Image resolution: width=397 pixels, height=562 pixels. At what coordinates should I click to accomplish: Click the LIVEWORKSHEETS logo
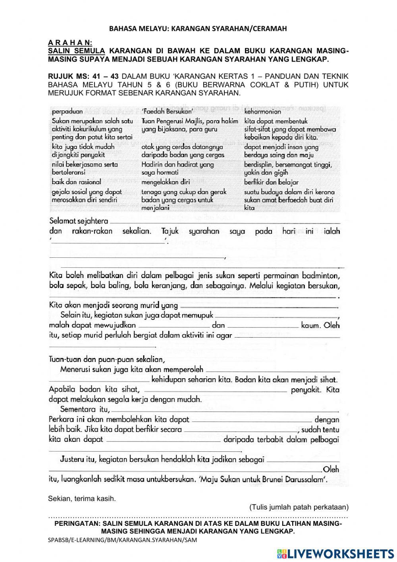click(x=335, y=553)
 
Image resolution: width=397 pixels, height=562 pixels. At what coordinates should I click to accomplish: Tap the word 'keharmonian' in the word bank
click(x=262, y=112)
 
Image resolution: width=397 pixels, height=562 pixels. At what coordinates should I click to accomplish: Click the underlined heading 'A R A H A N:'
click(x=70, y=42)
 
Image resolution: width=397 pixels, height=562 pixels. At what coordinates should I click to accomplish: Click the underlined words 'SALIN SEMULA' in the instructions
click(x=76, y=51)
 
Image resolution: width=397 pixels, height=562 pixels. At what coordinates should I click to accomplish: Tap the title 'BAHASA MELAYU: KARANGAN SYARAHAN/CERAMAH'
click(x=198, y=29)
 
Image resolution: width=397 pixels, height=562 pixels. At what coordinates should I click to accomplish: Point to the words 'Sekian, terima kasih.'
click(x=82, y=498)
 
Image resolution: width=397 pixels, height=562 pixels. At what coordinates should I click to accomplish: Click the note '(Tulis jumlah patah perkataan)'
click(x=299, y=507)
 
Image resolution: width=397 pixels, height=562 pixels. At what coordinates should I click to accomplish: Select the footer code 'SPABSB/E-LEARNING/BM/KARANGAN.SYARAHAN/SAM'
click(x=122, y=540)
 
